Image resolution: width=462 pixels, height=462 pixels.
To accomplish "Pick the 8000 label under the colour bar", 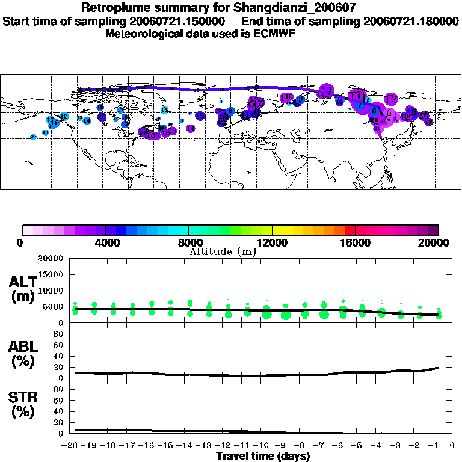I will (189, 243).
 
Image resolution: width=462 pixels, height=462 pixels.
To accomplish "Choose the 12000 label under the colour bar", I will (272, 243).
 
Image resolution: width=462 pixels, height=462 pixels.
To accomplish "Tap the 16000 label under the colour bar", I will (356, 243).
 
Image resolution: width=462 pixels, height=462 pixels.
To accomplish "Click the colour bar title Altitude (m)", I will (223, 251).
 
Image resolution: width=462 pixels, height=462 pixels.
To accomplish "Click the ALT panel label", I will (25, 288).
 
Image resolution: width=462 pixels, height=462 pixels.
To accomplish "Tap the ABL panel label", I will (25, 354).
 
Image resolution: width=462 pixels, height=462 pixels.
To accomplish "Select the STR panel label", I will (25, 404).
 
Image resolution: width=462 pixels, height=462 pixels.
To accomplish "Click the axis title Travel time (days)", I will (263, 456).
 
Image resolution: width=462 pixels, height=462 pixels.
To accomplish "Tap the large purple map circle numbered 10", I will (357, 96).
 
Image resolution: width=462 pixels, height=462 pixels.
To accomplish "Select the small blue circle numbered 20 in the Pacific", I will (34, 137).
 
